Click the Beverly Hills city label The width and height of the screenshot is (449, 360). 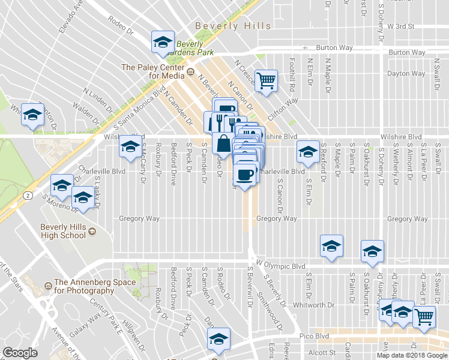tap(233, 26)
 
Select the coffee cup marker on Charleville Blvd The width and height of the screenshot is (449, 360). tap(244, 175)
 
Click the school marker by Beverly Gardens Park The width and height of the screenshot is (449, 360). tap(161, 42)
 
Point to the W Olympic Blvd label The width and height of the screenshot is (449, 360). tap(281, 265)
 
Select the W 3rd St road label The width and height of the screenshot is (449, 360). tap(401, 26)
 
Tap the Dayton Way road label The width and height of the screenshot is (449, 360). tap(406, 74)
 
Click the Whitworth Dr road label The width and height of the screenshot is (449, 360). tap(313, 305)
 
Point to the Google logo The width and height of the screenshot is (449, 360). tap(20, 353)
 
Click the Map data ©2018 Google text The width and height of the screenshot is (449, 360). tap(412, 355)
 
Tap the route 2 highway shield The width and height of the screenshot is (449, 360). tap(28, 195)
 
